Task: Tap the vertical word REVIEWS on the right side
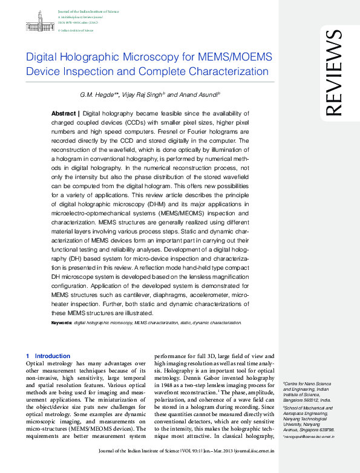pos(333,73)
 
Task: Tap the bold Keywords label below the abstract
pos(61,324)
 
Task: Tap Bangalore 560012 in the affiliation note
pos(300,400)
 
